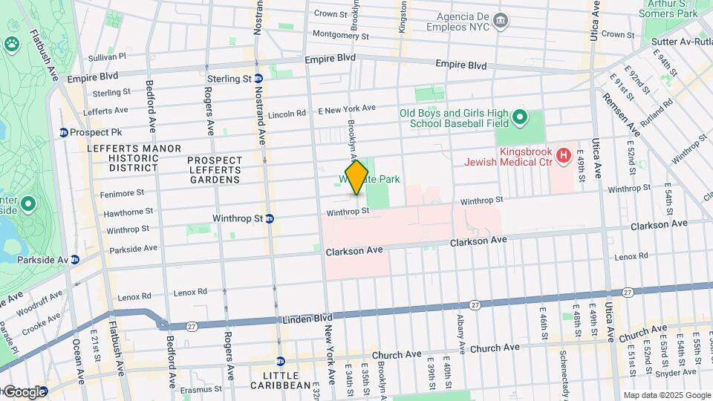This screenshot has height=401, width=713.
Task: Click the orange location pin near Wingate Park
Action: point(356,177)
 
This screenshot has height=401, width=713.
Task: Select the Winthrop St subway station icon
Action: point(270,218)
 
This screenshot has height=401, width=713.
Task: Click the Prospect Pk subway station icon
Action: point(65,132)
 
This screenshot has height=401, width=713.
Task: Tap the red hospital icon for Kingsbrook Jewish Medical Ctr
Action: point(564,155)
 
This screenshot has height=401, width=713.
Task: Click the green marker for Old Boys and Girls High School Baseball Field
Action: point(520,117)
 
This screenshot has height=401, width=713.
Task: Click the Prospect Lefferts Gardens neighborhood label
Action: point(215,169)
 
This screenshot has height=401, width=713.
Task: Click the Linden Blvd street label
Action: point(306,319)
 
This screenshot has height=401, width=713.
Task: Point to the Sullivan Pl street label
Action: point(108,56)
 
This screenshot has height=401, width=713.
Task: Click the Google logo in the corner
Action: point(25,391)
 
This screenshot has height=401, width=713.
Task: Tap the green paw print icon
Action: point(12,45)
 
